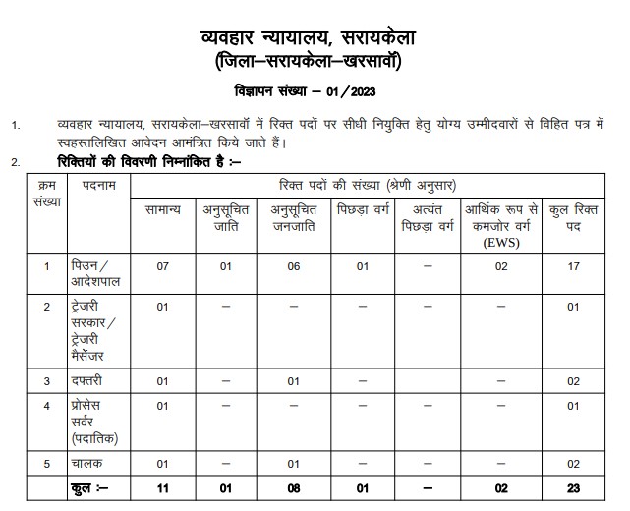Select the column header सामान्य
162,211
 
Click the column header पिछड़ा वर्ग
364,211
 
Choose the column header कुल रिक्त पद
573,218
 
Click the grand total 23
573,488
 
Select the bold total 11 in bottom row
163,488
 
